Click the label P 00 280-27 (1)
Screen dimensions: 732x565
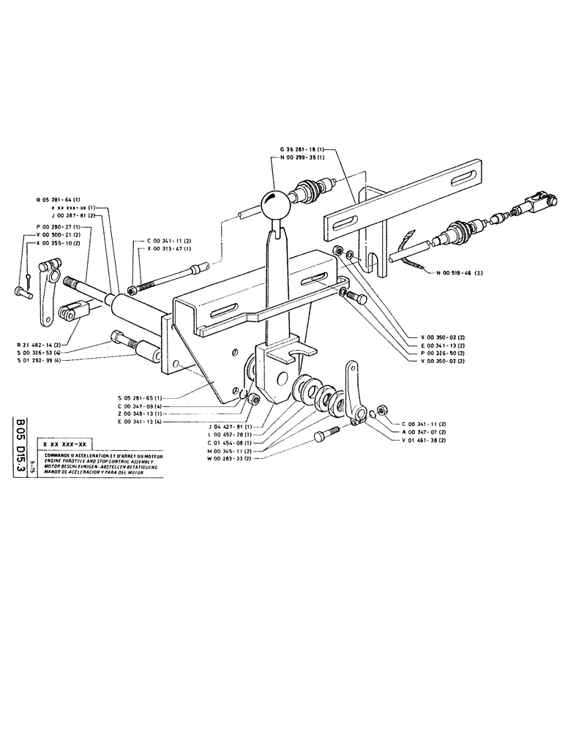coord(59,227)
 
